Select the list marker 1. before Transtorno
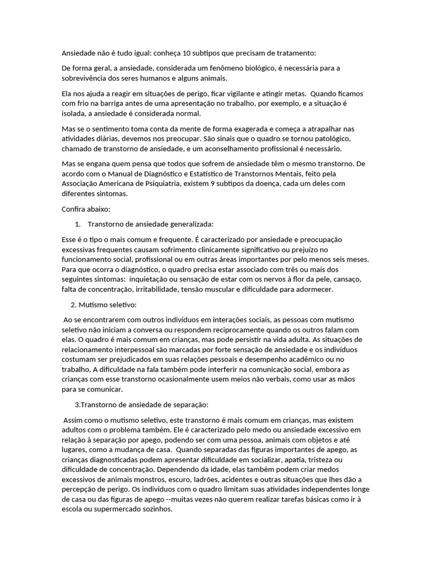(78, 224)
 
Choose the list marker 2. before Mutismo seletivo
(73, 305)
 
